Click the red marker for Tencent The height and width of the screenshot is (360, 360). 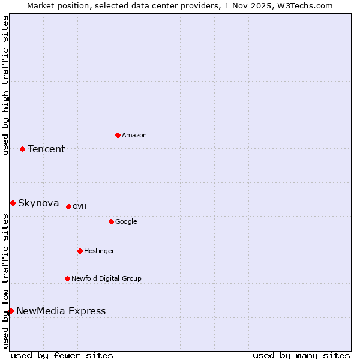[22, 149]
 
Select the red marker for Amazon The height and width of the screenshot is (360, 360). [118, 135]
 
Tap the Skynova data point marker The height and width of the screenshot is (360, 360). [13, 203]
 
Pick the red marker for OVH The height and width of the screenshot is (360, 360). [68, 206]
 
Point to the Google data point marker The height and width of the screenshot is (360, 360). [111, 221]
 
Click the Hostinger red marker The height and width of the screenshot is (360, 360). [80, 251]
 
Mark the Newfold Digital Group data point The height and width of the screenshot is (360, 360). [67, 278]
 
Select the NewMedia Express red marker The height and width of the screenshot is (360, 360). [11, 311]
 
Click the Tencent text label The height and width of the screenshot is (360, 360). [46, 149]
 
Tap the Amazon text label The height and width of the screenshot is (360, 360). [134, 135]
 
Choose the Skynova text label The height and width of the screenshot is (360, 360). [38, 203]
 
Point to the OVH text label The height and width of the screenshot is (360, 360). [80, 206]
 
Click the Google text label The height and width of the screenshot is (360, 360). [126, 221]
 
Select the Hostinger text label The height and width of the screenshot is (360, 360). [99, 251]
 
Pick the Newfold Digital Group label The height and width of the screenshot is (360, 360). [106, 278]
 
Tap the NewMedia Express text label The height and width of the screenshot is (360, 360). [61, 311]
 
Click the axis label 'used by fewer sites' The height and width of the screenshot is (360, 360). [62, 355]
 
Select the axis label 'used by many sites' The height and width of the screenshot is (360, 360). [301, 355]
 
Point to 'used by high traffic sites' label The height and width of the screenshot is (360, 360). [5, 85]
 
